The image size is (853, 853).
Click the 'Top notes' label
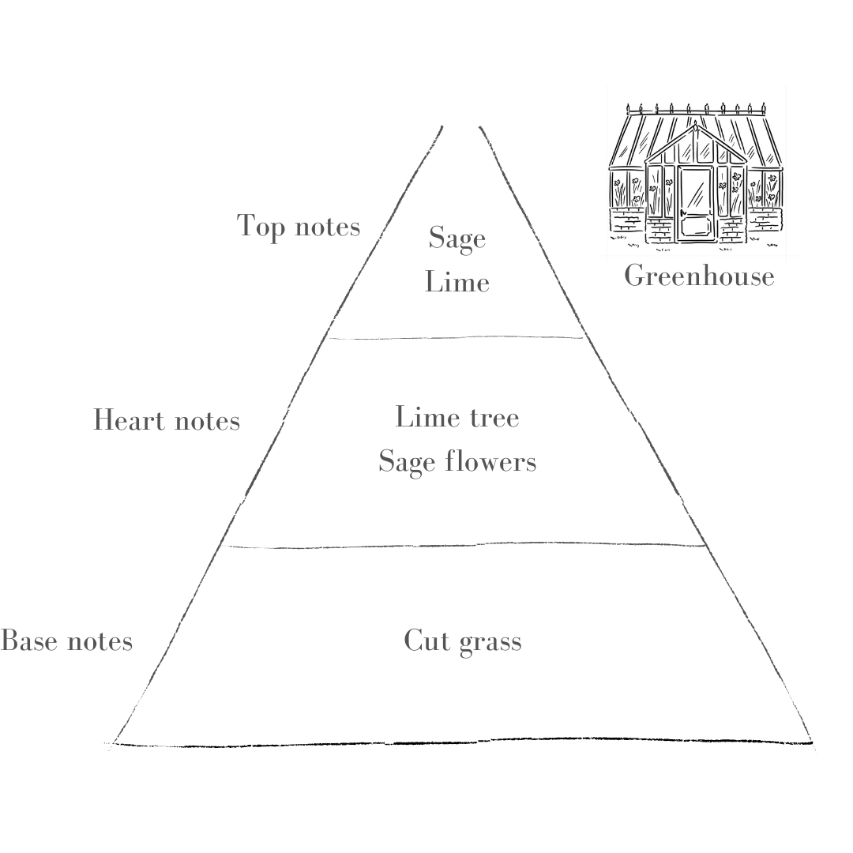point(298,227)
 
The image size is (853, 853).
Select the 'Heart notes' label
point(167,420)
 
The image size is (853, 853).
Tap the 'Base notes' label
point(66,641)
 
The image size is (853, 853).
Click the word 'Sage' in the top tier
point(457,239)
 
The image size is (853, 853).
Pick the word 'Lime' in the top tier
point(457,282)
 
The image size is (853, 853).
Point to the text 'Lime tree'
point(457,417)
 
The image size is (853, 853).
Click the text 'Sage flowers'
point(457,462)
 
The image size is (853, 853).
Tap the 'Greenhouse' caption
point(699,276)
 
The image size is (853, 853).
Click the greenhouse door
point(695,204)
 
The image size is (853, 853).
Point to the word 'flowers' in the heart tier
point(490,460)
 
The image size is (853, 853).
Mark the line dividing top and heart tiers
point(456,338)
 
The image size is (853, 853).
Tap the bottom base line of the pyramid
point(462,742)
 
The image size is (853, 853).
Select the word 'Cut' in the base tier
point(426,641)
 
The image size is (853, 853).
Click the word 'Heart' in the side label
point(129,420)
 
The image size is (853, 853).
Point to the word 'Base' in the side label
point(29,641)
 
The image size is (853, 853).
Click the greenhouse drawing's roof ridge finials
point(697,108)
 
